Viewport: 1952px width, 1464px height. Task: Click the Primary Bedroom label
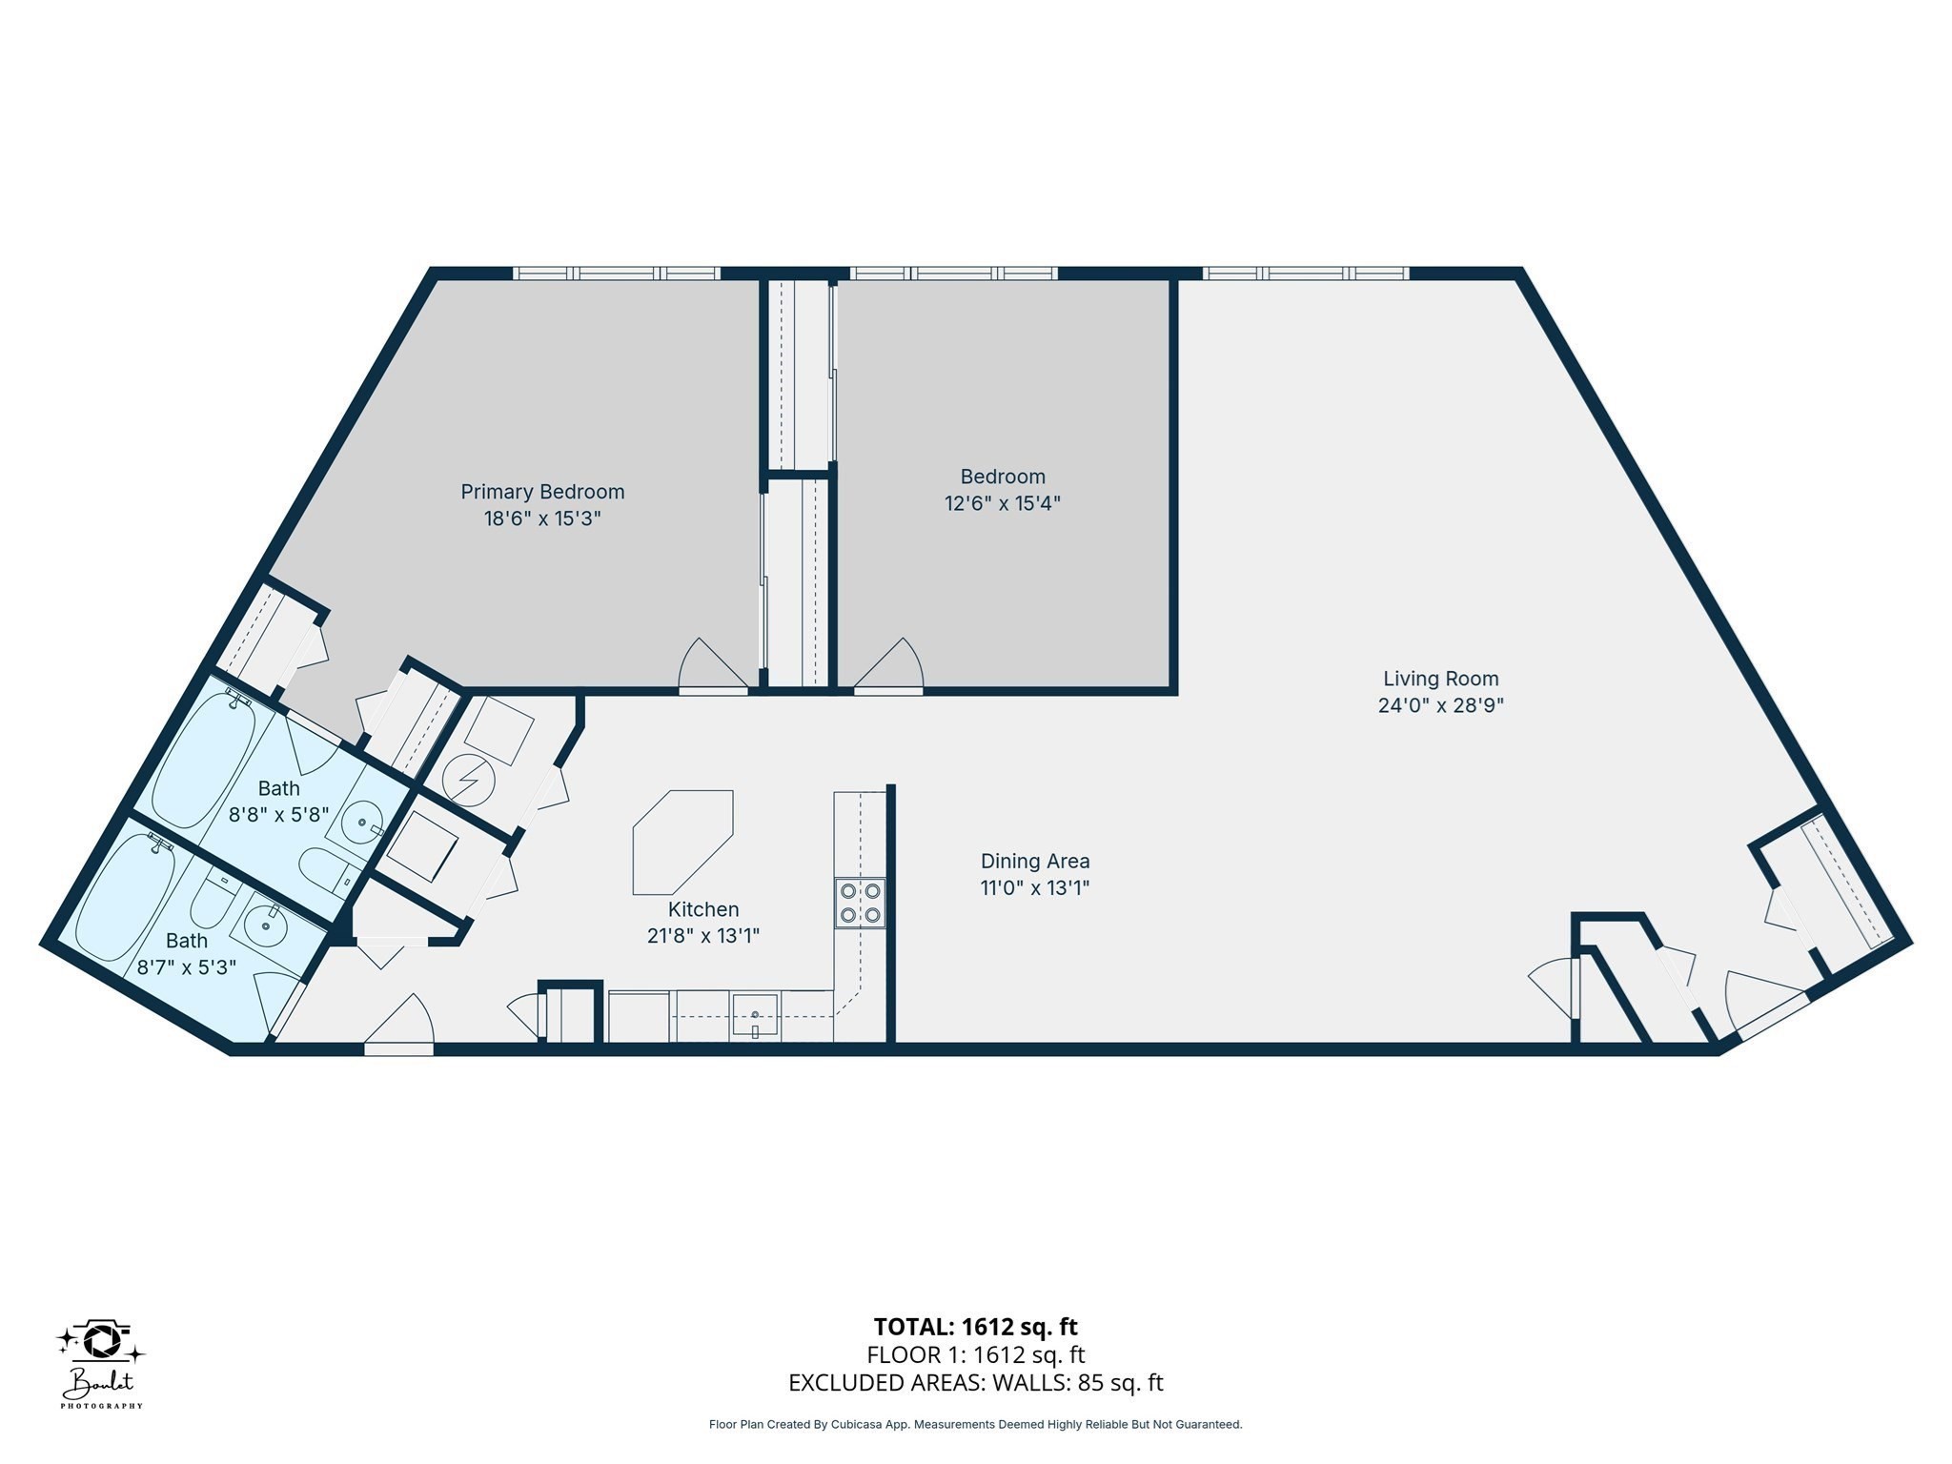coord(542,492)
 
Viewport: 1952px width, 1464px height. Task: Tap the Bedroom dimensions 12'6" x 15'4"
coord(1002,503)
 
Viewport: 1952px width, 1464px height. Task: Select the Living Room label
coord(1440,679)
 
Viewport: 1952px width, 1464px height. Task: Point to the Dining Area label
coord(1034,861)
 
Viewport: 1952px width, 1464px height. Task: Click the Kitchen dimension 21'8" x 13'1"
coord(702,936)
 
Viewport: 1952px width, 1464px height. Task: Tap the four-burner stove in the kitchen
coord(860,903)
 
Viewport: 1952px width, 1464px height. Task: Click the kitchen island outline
coord(682,840)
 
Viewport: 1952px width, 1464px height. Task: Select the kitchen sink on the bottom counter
coord(754,1016)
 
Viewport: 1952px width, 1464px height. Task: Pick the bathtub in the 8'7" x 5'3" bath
coord(125,898)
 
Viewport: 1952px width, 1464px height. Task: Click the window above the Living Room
coord(1305,274)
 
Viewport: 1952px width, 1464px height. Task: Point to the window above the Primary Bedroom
coord(617,274)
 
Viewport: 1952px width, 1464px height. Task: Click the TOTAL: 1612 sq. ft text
coord(975,1327)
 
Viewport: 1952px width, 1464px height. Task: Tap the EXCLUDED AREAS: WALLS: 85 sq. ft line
coord(975,1383)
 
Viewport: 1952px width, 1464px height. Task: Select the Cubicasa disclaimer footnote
coord(975,1425)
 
